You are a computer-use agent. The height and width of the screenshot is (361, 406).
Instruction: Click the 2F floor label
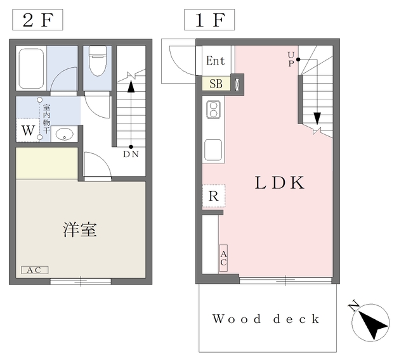(x=37, y=20)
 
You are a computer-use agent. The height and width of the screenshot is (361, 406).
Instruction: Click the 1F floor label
(x=209, y=20)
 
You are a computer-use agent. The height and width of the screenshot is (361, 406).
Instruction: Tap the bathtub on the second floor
(x=31, y=68)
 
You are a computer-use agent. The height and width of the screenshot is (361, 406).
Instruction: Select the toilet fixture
(x=98, y=61)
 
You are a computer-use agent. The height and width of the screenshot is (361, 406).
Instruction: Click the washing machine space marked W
(x=28, y=130)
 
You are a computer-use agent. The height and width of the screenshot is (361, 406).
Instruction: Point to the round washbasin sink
(x=64, y=134)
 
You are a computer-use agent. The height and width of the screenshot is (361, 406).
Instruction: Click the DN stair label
(x=131, y=155)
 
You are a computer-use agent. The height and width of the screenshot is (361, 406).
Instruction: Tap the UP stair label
(x=291, y=59)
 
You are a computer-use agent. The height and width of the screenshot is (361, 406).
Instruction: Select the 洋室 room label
(x=80, y=230)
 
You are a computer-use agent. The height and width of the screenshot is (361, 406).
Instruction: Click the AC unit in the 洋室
(x=35, y=270)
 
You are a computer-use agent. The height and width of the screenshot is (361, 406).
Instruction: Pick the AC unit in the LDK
(x=223, y=258)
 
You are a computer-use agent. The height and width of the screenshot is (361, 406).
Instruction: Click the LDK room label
(x=280, y=182)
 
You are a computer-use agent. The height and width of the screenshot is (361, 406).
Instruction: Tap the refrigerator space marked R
(x=214, y=196)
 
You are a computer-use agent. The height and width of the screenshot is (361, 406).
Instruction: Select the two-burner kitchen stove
(x=214, y=110)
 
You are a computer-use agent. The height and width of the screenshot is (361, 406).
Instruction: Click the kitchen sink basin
(x=213, y=150)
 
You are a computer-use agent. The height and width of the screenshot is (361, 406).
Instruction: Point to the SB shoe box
(x=216, y=84)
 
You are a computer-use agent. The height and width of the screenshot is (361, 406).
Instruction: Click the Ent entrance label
(x=216, y=61)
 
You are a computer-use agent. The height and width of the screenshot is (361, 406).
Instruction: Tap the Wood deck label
(x=266, y=319)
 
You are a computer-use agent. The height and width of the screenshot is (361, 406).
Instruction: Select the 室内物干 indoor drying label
(x=46, y=119)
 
